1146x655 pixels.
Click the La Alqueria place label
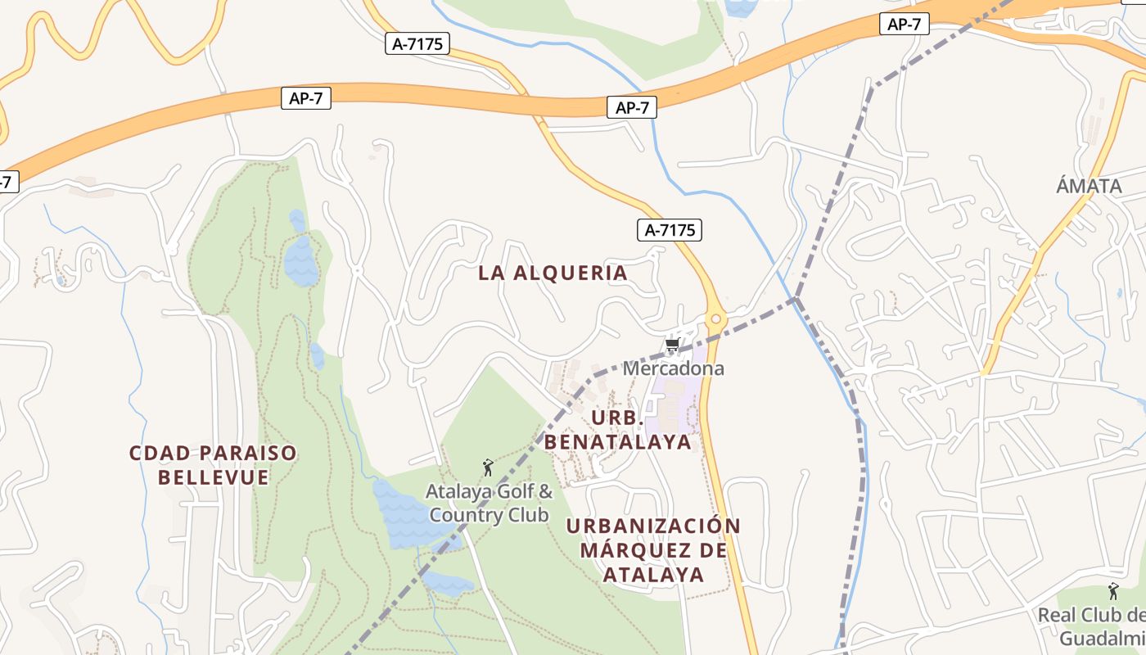point(553,273)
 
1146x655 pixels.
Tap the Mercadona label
point(673,368)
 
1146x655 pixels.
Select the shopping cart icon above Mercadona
point(673,345)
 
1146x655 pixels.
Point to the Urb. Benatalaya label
point(618,430)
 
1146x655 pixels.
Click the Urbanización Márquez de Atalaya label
point(653,549)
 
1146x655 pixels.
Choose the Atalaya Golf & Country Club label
point(489,504)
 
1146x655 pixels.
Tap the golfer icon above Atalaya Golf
point(489,468)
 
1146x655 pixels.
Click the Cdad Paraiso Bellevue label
point(213,465)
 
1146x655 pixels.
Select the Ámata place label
point(1089,186)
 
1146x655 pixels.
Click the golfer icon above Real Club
point(1113,590)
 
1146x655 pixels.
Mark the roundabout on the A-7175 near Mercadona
point(716,318)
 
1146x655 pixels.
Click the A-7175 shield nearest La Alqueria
point(670,230)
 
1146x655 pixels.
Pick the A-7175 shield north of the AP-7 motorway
point(417,43)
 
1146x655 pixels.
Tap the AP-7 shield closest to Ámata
point(905,25)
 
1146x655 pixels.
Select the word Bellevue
point(213,477)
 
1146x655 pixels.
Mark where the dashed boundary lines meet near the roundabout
point(796,300)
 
